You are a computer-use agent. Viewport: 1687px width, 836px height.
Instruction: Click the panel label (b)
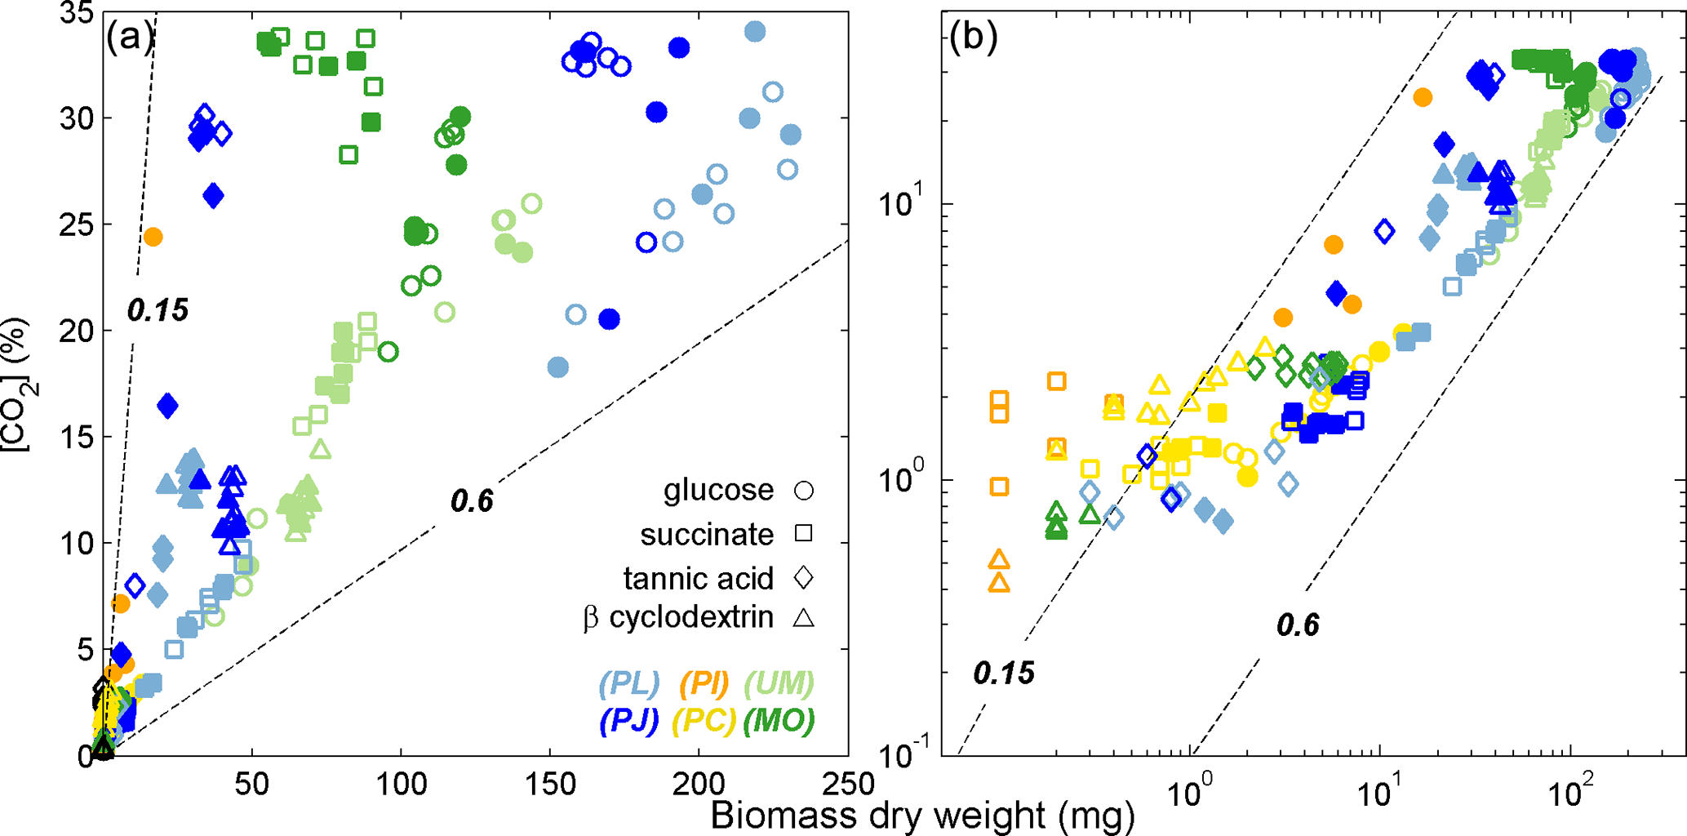point(973,38)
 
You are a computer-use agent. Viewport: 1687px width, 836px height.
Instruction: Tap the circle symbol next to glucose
point(804,491)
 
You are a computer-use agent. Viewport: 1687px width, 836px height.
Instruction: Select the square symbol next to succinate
point(804,534)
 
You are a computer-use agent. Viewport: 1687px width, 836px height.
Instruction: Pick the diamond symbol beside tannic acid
point(804,578)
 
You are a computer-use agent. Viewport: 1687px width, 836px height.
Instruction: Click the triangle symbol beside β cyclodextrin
point(804,618)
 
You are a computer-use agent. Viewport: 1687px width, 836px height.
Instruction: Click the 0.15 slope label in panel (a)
point(158,310)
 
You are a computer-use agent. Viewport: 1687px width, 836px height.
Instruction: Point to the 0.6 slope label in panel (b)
point(1298,625)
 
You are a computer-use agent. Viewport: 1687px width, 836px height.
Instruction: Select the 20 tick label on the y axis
point(76,331)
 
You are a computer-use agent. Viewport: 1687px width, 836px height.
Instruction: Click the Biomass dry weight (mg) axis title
point(922,816)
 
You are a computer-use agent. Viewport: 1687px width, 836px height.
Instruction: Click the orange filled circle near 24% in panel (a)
point(153,237)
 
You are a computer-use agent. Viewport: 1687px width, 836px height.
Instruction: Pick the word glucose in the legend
point(718,490)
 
